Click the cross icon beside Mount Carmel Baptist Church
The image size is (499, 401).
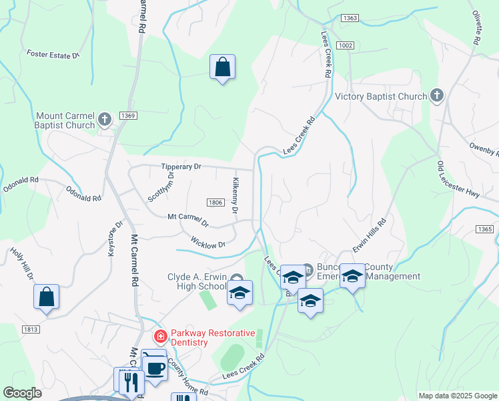(x=104, y=120)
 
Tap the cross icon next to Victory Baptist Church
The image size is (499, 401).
(x=437, y=96)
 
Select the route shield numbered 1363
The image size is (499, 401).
(x=349, y=18)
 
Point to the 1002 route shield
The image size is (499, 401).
(x=345, y=45)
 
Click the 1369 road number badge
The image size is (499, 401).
(x=128, y=116)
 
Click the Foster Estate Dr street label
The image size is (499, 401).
(x=53, y=55)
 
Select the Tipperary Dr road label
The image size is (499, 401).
(x=181, y=166)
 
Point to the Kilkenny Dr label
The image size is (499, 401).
(x=235, y=196)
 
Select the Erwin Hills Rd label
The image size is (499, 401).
(x=370, y=235)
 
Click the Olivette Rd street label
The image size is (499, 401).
(x=476, y=27)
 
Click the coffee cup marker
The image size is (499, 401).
(x=155, y=368)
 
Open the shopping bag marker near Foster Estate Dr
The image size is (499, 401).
(x=222, y=67)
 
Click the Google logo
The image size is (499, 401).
(x=23, y=394)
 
